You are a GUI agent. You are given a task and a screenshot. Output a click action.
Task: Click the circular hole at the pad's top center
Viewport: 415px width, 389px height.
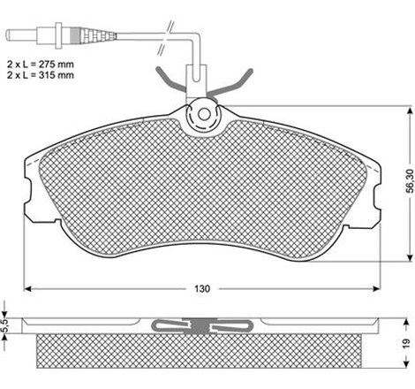(x=204, y=114)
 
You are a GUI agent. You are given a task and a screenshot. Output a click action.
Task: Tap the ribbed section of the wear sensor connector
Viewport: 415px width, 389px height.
(x=98, y=36)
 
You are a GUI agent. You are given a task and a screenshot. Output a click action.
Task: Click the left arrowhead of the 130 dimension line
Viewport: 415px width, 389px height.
(x=27, y=289)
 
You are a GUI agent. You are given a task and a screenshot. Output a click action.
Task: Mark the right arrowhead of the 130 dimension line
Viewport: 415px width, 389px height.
(x=380, y=289)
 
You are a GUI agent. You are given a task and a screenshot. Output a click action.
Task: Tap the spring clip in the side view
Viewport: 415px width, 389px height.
(x=204, y=326)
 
